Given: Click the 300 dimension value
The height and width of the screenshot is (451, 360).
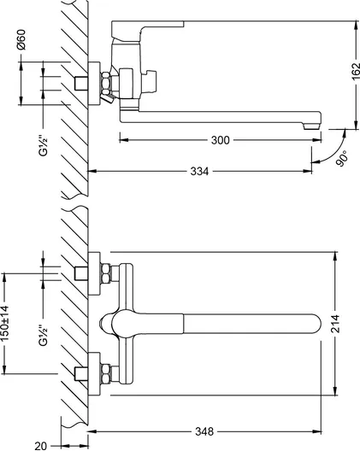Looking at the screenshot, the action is (221, 140).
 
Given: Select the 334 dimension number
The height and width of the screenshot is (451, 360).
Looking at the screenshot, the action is (199, 172).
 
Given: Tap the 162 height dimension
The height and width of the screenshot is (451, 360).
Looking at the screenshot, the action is (356, 71).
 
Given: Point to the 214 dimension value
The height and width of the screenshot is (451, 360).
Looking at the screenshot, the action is (335, 324).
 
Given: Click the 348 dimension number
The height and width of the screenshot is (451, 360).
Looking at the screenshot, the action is (204, 431).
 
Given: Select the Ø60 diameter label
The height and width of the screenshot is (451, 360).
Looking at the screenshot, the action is (21, 40).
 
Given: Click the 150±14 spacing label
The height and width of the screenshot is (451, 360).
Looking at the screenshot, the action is (5, 324).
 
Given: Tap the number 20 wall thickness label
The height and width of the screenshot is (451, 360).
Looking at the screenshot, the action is (40, 446).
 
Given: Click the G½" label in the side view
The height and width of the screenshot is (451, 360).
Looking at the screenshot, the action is (43, 146).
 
